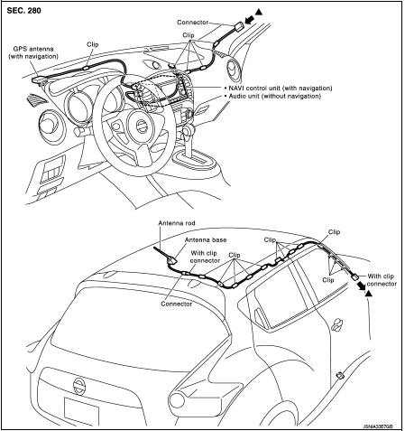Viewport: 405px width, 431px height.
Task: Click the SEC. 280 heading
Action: point(23,11)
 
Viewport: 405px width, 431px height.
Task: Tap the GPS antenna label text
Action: point(33,52)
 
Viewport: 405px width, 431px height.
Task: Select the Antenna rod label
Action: point(177,223)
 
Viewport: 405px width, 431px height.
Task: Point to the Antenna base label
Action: point(206,240)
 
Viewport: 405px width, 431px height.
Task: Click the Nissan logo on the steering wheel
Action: point(140,126)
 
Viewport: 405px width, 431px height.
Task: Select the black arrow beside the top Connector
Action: point(250,20)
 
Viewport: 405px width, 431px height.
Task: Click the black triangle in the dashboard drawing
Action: point(259,12)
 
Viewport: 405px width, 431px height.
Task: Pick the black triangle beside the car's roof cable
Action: point(368,293)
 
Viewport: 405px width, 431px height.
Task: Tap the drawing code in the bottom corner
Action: point(378,426)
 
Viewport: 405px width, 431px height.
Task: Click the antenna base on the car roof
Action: point(172,260)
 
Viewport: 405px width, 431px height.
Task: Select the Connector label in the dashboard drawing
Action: point(192,23)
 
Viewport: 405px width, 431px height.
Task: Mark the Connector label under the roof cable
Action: point(177,304)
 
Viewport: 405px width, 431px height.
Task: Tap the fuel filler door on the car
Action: point(340,375)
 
